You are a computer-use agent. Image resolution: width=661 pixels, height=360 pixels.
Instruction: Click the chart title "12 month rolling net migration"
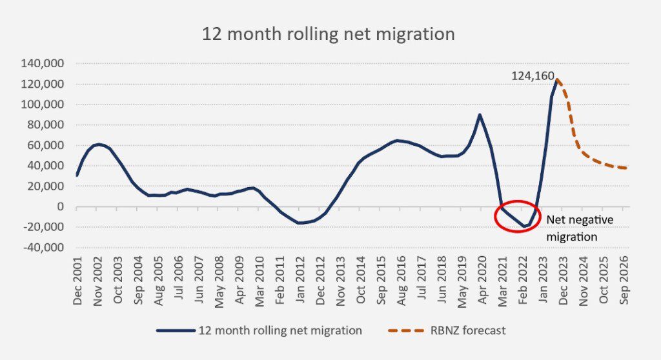pos(328,34)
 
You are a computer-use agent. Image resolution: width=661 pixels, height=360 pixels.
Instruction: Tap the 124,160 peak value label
pos(533,76)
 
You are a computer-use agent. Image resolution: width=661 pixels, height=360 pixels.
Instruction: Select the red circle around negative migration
pos(518,216)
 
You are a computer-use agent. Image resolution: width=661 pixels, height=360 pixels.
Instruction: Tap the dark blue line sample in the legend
pos(176,330)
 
